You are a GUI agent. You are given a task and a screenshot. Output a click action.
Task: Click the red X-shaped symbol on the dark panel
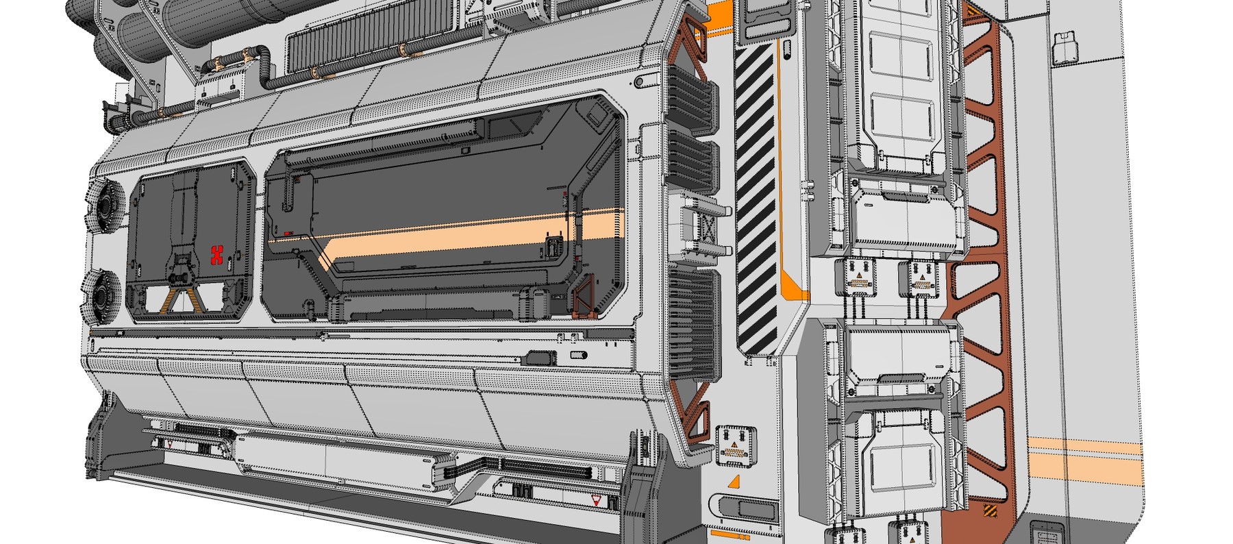coord(218,254)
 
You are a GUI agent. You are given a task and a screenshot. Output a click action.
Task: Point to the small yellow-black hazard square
coord(991,511)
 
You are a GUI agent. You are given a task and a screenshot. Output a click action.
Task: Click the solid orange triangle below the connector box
coord(734,482)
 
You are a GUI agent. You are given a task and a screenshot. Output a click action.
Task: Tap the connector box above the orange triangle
coord(735,445)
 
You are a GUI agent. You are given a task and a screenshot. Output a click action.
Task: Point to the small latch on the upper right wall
coord(1064,47)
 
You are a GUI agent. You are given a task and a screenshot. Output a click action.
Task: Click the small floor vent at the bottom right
coord(1047,533)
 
